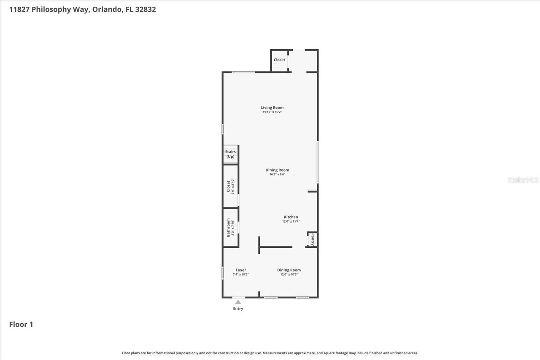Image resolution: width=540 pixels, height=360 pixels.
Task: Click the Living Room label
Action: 272,107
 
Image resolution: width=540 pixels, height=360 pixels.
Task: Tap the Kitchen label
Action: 291,217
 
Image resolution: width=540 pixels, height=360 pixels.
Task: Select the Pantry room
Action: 312,239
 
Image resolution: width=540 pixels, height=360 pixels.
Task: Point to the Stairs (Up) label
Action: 230,154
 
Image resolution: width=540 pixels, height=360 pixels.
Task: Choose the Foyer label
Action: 240,270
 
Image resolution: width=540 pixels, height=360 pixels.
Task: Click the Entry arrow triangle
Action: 238,302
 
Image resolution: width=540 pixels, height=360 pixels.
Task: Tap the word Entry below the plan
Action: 238,309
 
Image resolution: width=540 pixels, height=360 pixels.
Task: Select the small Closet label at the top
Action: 279,60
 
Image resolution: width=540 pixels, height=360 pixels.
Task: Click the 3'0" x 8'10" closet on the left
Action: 230,186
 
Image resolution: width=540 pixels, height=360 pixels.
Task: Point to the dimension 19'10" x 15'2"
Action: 272,112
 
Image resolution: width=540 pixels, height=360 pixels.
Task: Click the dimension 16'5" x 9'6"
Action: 277,175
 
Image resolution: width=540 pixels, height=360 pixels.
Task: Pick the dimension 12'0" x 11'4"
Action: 291,222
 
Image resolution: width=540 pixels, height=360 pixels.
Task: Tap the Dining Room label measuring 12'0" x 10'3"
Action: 289,270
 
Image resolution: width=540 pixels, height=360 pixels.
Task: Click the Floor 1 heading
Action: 21,324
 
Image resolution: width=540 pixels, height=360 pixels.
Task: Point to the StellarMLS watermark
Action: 523,180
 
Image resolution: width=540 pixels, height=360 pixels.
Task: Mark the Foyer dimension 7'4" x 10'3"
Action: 240,275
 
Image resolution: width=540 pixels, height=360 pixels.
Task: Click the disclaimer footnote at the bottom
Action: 270,353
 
